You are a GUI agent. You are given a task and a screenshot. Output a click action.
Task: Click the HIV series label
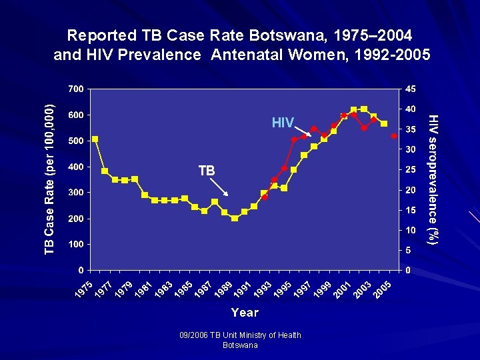tap(282, 123)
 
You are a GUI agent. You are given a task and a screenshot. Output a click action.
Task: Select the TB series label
tap(207, 171)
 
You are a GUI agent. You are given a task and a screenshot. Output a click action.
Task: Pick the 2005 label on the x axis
tap(383, 291)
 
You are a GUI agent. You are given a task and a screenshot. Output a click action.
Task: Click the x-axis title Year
tap(245, 312)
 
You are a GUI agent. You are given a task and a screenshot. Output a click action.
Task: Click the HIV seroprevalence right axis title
tap(433, 178)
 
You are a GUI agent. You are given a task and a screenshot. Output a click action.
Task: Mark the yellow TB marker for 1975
tap(95, 139)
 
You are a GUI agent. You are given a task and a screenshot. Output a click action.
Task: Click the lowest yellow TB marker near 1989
tap(235, 218)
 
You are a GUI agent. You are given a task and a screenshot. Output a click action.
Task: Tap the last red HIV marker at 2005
tap(394, 136)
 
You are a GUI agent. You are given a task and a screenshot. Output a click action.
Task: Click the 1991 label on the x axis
tap(243, 291)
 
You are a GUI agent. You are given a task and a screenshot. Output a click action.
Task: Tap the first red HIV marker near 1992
tap(265, 197)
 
